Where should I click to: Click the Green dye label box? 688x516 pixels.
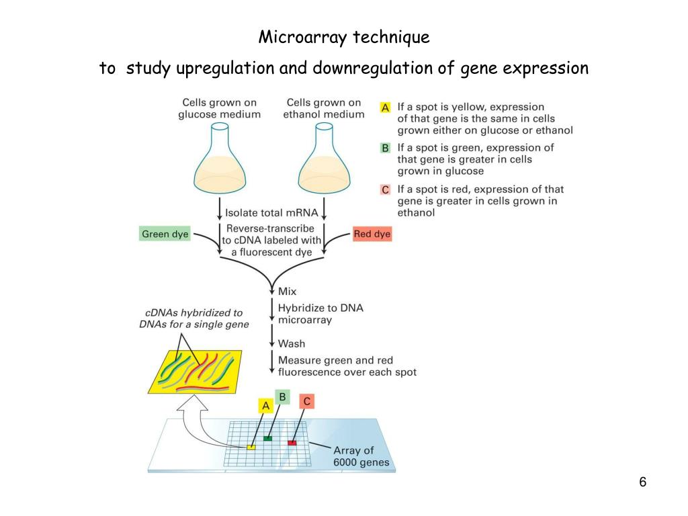tap(165, 234)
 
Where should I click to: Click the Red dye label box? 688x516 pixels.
tap(372, 234)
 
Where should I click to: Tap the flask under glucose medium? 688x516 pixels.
tap(220, 159)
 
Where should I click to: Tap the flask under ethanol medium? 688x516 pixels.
tap(325, 159)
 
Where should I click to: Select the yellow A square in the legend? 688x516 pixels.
tap(385, 107)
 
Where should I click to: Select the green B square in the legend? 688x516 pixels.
tap(385, 148)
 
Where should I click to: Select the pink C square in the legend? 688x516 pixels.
tap(385, 189)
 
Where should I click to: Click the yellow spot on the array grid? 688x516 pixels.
tap(251, 447)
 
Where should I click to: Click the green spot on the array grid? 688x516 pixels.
tap(267, 438)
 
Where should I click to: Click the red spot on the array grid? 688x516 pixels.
tap(292, 443)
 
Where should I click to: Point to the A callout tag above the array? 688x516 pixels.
tap(265, 406)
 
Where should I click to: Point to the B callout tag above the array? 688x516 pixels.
tap(283, 397)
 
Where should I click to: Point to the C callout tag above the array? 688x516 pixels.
tap(306, 402)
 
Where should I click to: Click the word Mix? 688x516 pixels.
tap(288, 292)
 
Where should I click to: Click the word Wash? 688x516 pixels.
tap(292, 343)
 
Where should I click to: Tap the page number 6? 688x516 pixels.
tap(643, 482)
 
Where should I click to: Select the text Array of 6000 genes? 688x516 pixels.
tap(361, 456)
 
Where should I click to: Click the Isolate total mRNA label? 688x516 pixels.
tap(271, 213)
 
